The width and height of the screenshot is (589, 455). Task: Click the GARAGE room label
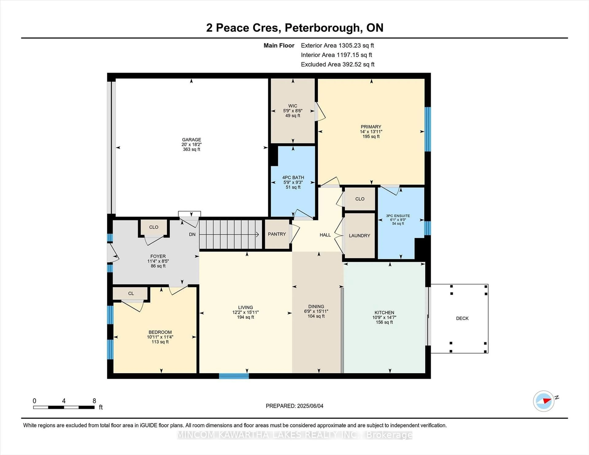(191, 140)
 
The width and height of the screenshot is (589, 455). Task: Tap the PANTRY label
(277, 234)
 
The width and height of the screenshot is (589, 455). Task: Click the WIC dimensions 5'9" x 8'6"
(293, 111)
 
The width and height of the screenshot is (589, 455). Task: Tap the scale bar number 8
(94, 401)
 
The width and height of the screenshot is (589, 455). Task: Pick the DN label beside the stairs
(192, 235)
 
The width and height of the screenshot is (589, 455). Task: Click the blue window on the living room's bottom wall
(234, 376)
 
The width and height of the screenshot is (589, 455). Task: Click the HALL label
(325, 235)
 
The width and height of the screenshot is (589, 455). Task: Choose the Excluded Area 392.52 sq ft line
(337, 64)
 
